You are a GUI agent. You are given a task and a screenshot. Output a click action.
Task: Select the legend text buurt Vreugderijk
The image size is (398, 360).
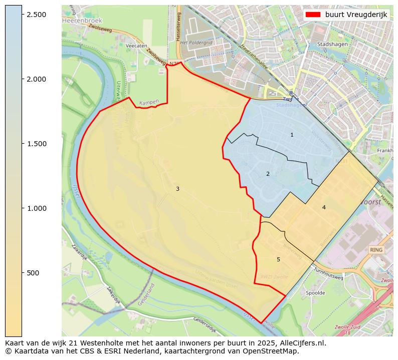356,15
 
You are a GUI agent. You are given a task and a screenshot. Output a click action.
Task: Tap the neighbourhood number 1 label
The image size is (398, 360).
292,135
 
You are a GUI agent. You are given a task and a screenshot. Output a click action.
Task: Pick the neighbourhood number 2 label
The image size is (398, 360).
268,174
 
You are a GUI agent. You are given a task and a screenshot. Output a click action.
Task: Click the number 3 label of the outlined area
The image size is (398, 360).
177,189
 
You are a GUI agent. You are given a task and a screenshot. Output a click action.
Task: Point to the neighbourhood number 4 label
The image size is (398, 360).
324,207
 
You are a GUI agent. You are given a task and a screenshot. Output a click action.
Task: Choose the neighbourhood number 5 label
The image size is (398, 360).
278,259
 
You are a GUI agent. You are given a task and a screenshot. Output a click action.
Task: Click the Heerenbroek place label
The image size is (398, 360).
82,21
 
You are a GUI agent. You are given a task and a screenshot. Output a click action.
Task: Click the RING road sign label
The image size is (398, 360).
376,249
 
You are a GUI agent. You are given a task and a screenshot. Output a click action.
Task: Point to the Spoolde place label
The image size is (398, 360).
315,293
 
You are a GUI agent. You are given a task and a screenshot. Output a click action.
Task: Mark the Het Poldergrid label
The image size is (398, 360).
196,43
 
